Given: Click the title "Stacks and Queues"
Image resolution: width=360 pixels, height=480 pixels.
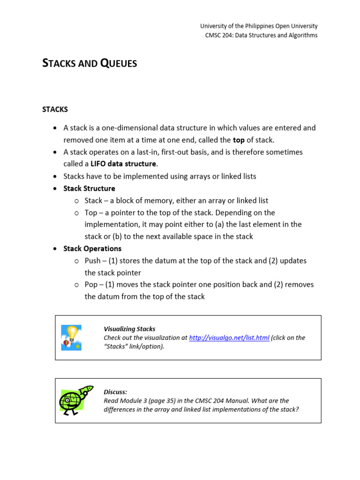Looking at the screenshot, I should coord(90,63).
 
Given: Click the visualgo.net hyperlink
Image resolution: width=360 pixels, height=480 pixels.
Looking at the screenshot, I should coord(229,337).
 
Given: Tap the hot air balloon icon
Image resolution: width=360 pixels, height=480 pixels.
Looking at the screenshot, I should coord(71,337).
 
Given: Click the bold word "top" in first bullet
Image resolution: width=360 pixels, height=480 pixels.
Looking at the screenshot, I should coord(239,140).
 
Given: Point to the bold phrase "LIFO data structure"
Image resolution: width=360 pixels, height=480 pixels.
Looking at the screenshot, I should coord(123,164).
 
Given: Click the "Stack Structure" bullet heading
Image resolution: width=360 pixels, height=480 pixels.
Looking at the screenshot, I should coord(89,188).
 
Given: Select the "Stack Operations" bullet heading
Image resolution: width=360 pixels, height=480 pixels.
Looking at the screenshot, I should coord(92,248).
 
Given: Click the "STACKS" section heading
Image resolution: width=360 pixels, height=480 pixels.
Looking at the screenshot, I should coord(55,109).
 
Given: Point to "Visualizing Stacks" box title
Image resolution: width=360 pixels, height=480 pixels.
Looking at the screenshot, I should coord(129,329).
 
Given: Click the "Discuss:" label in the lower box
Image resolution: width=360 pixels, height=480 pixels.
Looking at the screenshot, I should coord(115,392).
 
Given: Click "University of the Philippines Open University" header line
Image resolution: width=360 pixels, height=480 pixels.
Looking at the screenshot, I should coord(259,26).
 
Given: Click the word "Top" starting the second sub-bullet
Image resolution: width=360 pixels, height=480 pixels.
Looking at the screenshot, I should coord(91,213).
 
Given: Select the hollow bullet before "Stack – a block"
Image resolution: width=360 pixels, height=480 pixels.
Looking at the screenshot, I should coord(76,201).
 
